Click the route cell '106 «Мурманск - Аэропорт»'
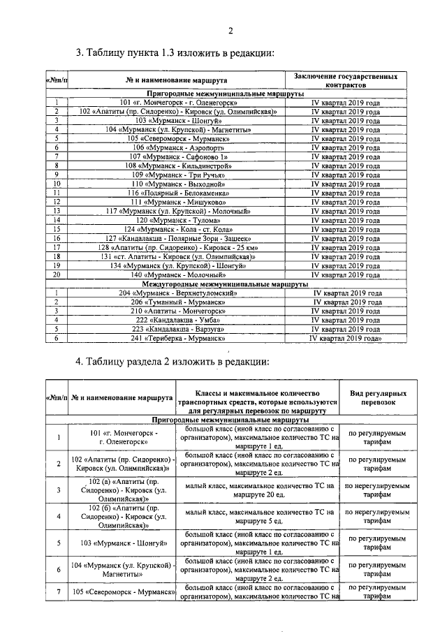click(x=179, y=147)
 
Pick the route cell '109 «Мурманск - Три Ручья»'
click(x=179, y=175)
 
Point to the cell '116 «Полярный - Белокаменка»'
click(x=179, y=193)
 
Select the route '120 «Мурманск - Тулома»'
click(x=179, y=220)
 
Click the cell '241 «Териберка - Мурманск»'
click(x=179, y=338)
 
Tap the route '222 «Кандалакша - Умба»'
click(x=179, y=320)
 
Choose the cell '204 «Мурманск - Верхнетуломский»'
click(x=179, y=293)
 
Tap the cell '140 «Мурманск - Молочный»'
click(x=179, y=275)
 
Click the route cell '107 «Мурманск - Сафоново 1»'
click(x=179, y=156)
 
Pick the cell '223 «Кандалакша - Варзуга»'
click(x=179, y=329)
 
